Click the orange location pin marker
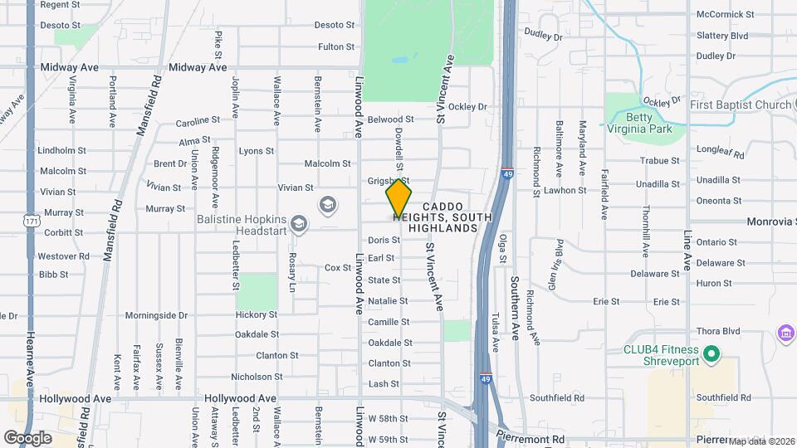[398, 199]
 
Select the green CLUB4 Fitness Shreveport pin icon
[711, 354]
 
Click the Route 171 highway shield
[31, 222]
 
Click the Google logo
[27, 437]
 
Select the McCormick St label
[725, 14]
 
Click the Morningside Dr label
[156, 315]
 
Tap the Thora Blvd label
[718, 330]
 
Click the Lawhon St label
[565, 190]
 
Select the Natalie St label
[388, 301]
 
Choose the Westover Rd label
[63, 256]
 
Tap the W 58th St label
[389, 418]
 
